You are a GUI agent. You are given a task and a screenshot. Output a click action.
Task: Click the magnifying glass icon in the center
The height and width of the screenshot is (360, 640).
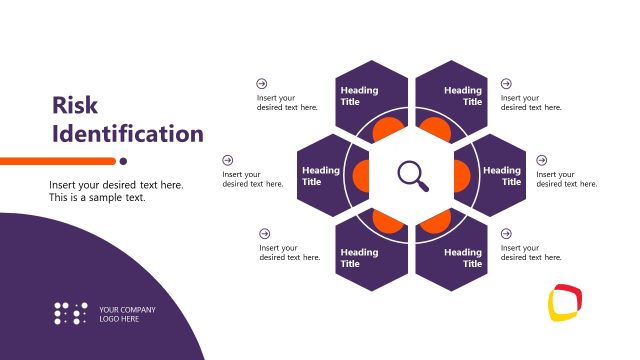(412, 175)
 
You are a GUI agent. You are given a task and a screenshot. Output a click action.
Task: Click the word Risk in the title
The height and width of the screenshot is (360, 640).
(74, 105)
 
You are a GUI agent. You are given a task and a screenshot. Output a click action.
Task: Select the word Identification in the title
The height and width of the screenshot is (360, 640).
(127, 133)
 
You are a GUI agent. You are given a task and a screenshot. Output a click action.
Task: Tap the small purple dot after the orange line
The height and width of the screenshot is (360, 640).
(123, 160)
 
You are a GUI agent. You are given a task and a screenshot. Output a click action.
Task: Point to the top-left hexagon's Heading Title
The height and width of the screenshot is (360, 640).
(359, 96)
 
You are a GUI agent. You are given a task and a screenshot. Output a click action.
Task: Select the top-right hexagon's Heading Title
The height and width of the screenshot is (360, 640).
(463, 96)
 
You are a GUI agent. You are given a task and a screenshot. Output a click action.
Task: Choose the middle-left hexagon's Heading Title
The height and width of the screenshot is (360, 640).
(320, 176)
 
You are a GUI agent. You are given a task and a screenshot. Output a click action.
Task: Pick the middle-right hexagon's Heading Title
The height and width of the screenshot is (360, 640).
(502, 176)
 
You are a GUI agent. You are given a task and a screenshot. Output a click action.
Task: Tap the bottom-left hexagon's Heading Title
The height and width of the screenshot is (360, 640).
(359, 258)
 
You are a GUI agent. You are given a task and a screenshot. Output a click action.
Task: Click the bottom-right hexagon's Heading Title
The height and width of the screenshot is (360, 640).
(463, 258)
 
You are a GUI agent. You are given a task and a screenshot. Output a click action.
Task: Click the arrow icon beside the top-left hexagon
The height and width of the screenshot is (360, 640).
(262, 84)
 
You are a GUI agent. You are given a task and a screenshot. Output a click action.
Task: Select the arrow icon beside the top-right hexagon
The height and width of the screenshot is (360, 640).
(506, 84)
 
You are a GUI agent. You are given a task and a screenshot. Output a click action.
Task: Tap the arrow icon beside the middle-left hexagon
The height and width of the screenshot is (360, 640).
(228, 160)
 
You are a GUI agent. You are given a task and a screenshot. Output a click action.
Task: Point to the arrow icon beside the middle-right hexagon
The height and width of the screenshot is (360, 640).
(542, 160)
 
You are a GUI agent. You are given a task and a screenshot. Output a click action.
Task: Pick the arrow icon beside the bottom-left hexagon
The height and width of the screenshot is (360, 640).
(264, 233)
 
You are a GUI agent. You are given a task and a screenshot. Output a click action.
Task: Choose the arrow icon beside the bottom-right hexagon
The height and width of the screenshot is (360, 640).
(506, 233)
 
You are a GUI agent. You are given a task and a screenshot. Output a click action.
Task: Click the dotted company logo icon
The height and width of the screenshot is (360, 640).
(70, 313)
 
